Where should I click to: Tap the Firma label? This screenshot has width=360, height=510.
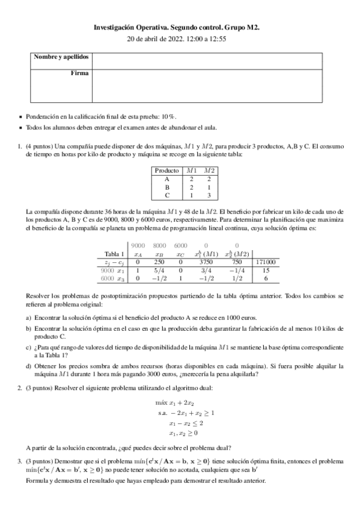79,73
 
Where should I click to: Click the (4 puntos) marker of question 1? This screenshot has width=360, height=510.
38,146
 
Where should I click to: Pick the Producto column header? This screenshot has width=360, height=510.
166,170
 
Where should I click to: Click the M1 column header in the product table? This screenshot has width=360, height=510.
192,170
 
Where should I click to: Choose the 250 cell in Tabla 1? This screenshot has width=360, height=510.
159,262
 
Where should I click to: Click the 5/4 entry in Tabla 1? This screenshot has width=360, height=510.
159,271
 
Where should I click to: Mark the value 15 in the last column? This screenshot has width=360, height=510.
266,271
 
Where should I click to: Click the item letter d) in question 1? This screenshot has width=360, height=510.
28,367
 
